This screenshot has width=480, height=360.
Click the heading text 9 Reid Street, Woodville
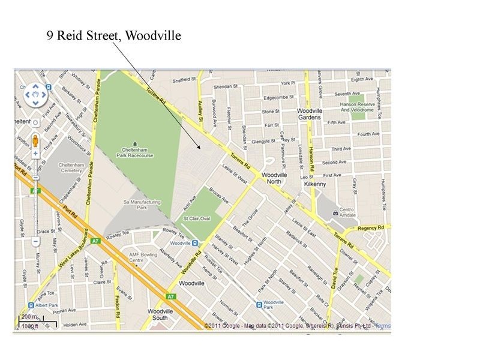(114, 36)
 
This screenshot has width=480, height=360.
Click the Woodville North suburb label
(274, 178)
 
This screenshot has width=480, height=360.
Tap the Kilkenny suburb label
(315, 185)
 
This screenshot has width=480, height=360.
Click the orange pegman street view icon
(35, 141)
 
